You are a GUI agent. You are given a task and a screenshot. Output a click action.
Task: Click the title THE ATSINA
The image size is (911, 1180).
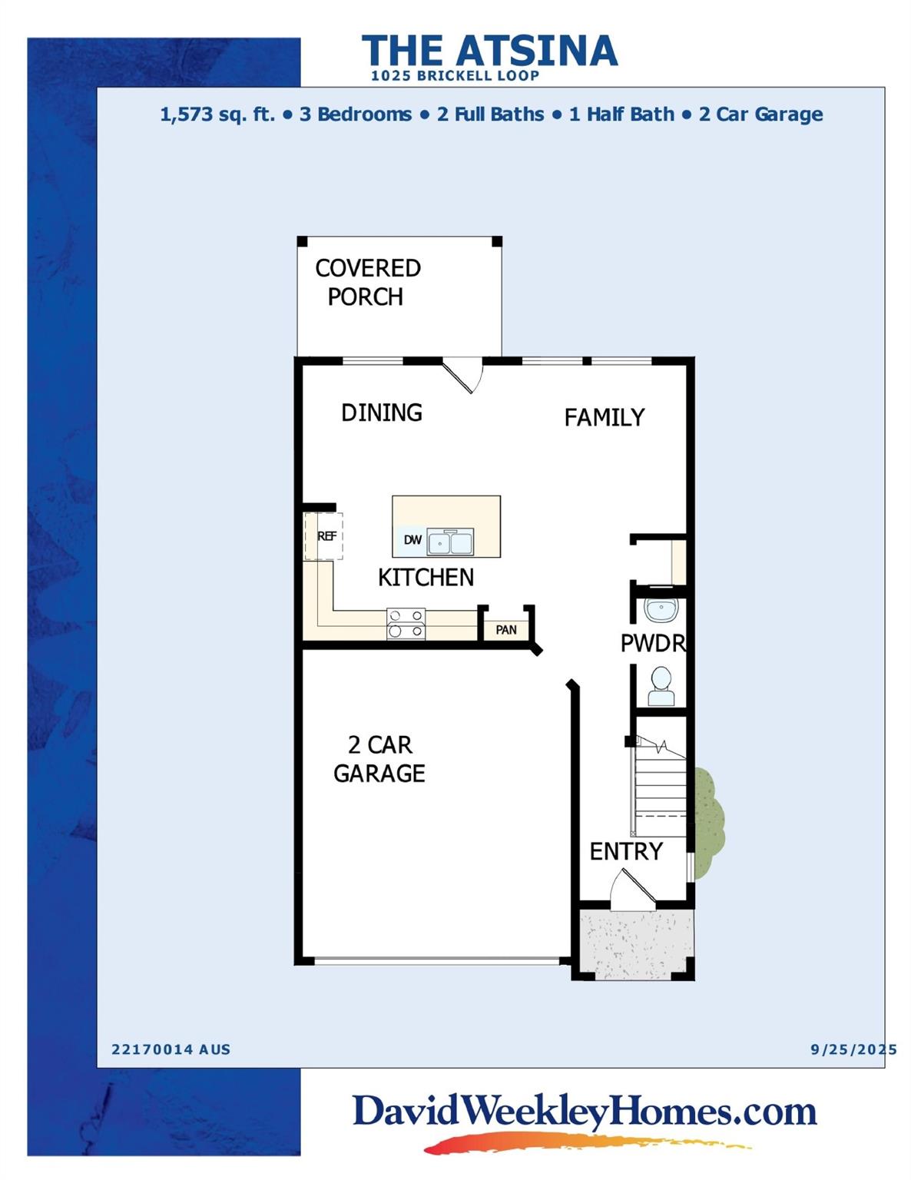489,51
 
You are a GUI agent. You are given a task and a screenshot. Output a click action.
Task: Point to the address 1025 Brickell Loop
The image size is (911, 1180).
455,76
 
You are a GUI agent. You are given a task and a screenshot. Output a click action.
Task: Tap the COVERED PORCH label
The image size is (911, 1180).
367,282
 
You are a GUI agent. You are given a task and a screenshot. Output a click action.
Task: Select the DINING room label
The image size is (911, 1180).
382,413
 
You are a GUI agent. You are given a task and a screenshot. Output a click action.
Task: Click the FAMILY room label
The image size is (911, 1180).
604,417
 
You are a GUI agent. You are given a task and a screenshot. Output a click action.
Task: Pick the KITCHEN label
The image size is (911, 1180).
426,577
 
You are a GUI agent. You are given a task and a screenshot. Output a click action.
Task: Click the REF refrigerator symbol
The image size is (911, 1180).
326,536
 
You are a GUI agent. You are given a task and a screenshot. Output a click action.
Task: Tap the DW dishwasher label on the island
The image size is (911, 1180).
412,540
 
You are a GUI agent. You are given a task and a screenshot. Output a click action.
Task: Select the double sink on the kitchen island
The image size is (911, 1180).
450,542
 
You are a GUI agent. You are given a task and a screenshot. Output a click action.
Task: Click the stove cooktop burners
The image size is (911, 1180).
406,624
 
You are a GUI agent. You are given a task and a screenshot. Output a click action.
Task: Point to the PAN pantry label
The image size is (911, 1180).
506,630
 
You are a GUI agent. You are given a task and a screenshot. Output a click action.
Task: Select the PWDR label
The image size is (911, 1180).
653,643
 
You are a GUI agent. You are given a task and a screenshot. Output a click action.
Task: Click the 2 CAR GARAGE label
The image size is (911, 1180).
379,759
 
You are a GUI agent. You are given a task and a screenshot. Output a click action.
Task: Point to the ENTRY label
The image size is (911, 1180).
626,851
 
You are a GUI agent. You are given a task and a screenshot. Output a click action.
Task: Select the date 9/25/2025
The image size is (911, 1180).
853,1049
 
